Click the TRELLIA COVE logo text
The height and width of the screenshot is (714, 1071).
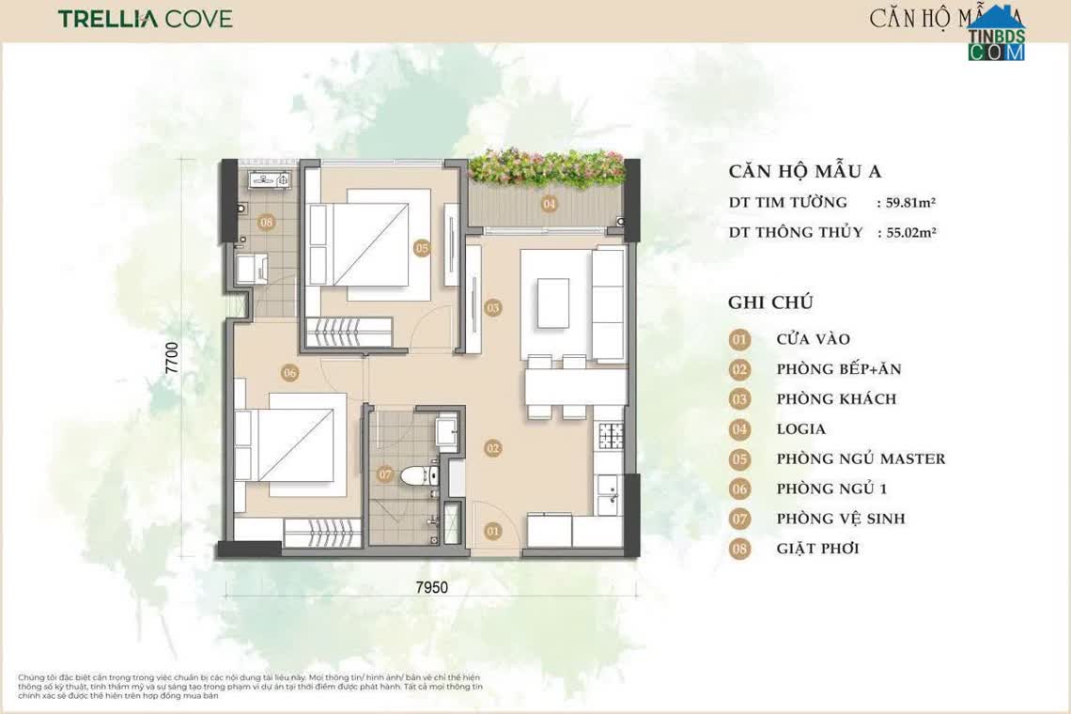(145, 19)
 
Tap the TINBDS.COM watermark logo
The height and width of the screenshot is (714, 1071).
(996, 38)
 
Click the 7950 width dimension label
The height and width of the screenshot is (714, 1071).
(432, 588)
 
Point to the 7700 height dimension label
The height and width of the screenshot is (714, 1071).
(173, 357)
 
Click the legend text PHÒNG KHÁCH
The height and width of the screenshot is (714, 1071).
(836, 399)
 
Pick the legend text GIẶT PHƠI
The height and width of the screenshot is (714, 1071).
(817, 549)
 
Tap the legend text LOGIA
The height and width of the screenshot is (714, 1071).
(800, 429)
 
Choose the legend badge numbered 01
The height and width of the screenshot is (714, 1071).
(740, 339)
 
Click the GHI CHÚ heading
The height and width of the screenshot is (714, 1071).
(769, 303)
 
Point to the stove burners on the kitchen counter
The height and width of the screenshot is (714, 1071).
(612, 435)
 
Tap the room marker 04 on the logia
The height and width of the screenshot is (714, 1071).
(549, 203)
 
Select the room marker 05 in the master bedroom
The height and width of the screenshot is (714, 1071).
(421, 248)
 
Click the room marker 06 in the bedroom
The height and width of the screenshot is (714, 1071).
(288, 373)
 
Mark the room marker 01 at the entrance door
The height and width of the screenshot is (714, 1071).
(493, 532)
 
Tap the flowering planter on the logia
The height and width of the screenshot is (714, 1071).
(546, 167)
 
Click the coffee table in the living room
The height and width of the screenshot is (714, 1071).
(553, 303)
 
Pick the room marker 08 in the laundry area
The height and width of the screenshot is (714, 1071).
(267, 223)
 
